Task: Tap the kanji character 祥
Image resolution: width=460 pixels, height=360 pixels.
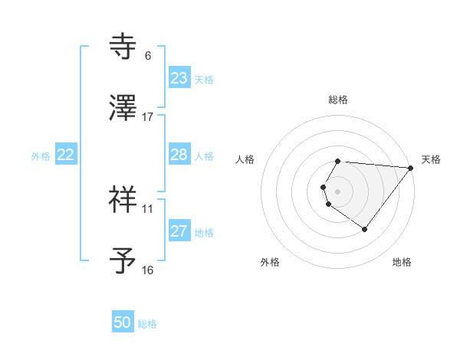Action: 123,198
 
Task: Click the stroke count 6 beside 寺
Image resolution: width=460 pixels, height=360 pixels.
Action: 147,56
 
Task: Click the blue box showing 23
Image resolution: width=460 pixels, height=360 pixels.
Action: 179,78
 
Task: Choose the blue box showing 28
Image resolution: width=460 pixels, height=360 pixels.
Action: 179,155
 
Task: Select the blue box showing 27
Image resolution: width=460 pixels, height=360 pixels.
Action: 179,231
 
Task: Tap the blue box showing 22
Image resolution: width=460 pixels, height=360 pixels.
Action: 66,155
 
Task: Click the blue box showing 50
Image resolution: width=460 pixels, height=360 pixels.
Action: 123,322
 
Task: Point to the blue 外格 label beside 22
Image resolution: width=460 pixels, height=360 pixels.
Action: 41,156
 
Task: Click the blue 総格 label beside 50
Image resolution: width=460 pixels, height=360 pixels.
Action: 147,324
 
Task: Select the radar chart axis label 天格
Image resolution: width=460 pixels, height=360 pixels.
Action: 432,159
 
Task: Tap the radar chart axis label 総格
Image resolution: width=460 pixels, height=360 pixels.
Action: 338,100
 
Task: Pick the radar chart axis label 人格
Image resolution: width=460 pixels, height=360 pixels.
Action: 245,159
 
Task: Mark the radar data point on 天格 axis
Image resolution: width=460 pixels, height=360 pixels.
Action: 411,167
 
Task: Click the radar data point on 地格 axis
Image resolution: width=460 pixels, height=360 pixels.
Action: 364,229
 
